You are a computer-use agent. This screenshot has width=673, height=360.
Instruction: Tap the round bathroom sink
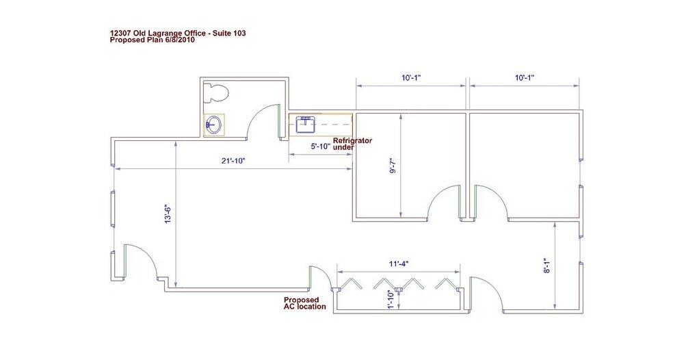[214, 125]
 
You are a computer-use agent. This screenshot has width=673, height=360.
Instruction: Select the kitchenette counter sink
[305, 125]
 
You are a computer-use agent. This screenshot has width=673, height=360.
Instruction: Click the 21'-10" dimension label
[233, 161]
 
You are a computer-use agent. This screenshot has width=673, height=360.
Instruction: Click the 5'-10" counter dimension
[321, 146]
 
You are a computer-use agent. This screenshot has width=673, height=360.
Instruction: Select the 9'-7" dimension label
[393, 166]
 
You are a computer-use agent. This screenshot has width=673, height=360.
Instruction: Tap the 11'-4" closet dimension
[398, 263]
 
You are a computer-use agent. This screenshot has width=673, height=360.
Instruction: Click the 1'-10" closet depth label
[391, 299]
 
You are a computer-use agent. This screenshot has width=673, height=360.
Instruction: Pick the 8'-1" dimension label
[546, 266]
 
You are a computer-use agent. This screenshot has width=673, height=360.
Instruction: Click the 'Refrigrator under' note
[352, 144]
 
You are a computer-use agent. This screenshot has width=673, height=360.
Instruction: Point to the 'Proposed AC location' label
[305, 303]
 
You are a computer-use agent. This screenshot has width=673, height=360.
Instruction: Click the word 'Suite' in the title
[222, 33]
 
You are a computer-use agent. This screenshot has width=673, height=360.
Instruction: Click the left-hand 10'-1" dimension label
[411, 78]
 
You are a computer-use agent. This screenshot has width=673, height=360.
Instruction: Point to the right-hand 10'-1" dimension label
[525, 78]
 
